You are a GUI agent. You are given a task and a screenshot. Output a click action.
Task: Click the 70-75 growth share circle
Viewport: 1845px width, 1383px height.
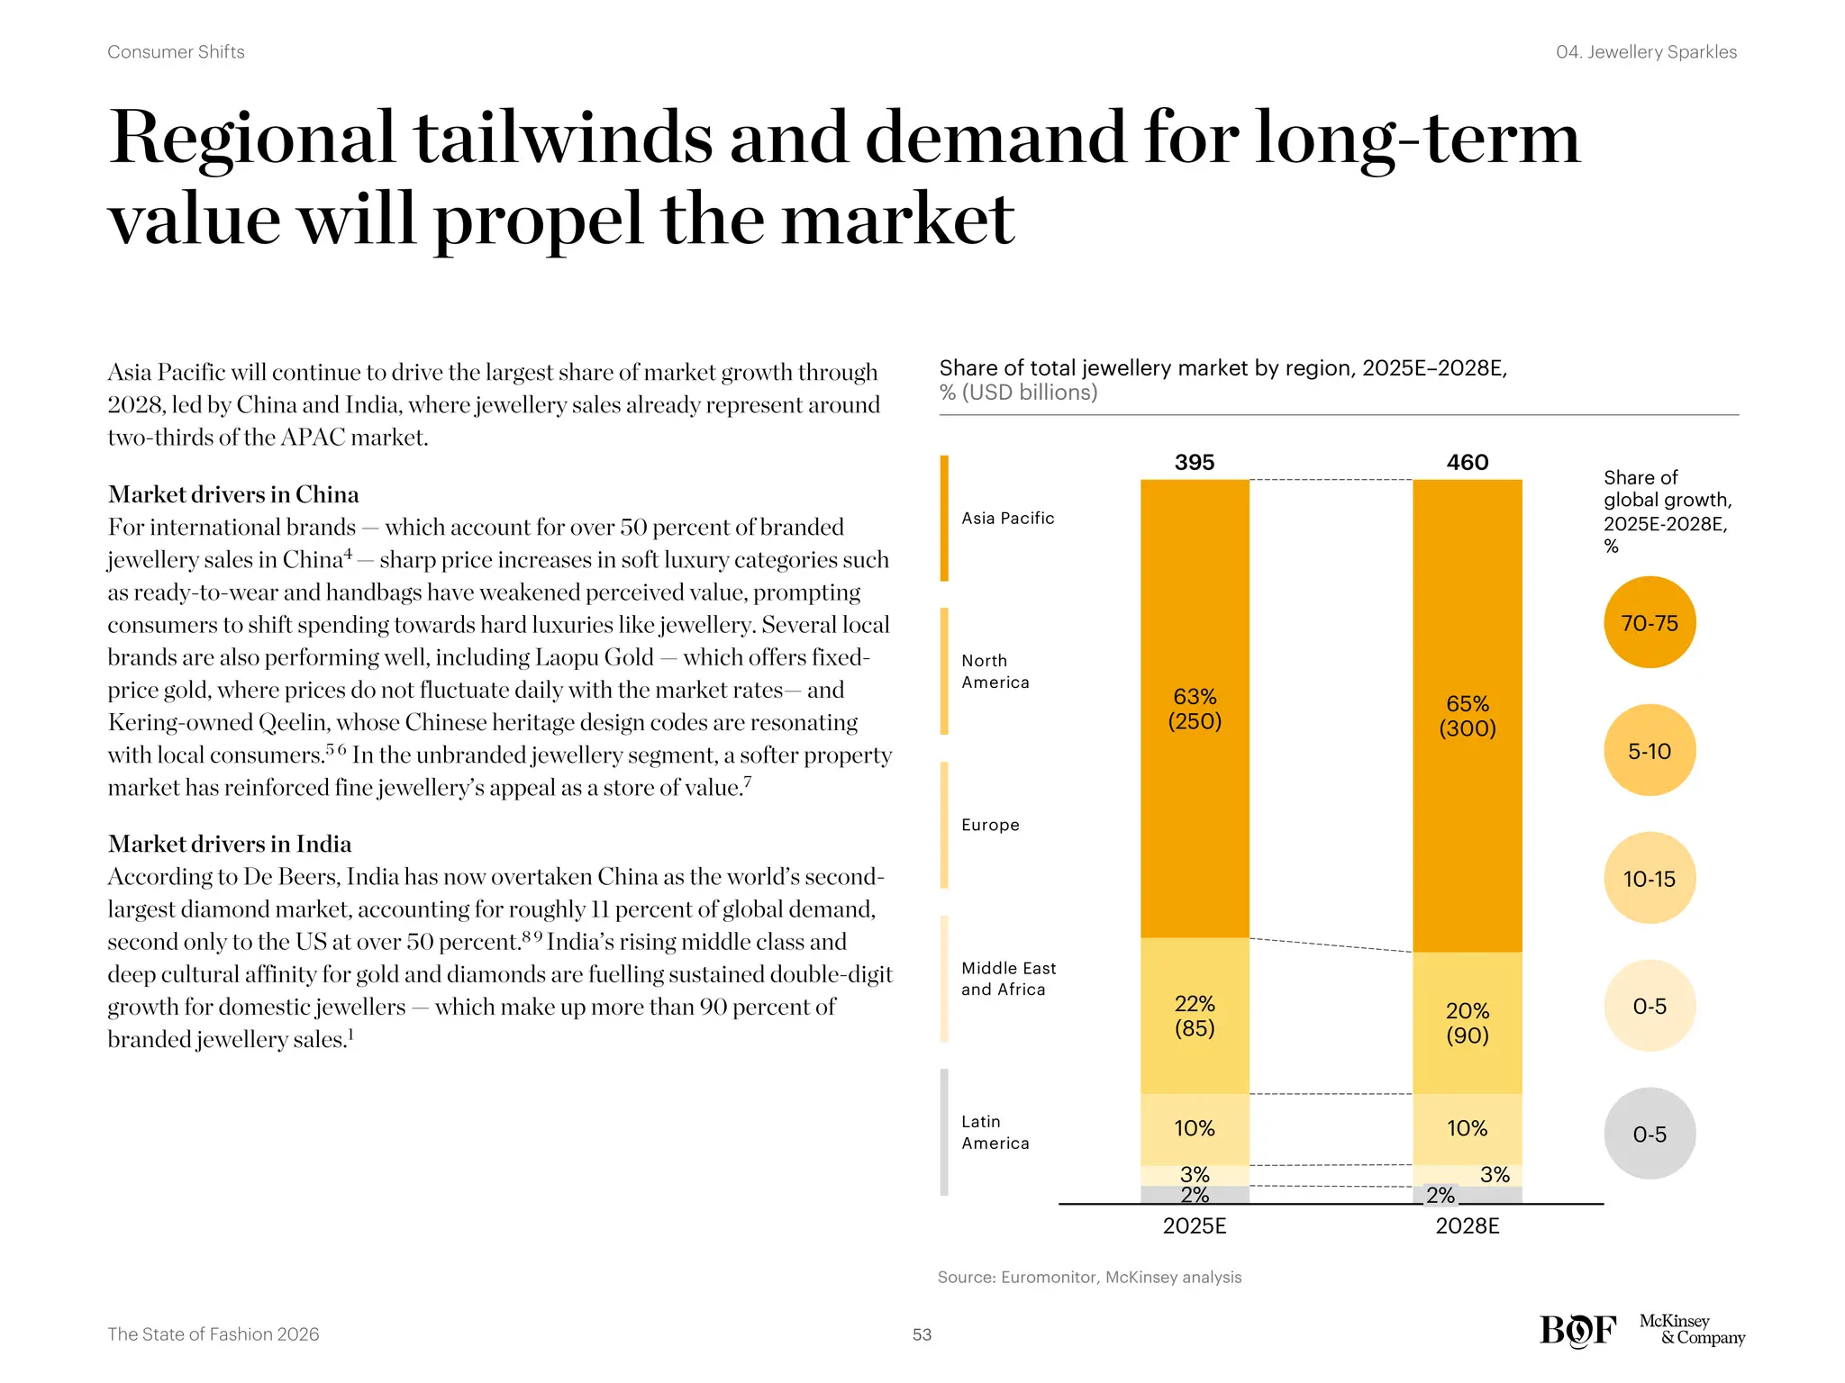[1649, 622]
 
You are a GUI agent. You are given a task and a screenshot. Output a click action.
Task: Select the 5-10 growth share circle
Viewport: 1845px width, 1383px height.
[1649, 750]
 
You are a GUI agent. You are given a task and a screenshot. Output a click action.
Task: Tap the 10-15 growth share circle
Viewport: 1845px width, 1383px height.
[1649, 878]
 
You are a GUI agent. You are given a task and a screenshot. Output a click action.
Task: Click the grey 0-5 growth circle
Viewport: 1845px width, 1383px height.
[1649, 1134]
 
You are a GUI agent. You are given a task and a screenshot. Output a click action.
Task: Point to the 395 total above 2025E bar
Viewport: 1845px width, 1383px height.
[1194, 462]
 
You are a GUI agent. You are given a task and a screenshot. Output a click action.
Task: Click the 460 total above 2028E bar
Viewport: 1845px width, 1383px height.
[1467, 462]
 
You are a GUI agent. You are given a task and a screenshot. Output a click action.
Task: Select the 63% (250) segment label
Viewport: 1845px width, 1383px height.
[1195, 709]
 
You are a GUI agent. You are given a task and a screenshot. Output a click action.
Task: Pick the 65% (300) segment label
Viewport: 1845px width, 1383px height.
[1467, 716]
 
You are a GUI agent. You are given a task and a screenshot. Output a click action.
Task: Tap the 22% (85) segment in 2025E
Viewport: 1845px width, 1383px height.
[1195, 1016]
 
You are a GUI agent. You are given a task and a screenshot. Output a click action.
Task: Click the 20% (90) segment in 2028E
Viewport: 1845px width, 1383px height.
[1467, 1023]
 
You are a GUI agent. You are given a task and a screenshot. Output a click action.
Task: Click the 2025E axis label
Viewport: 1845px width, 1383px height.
[1195, 1225]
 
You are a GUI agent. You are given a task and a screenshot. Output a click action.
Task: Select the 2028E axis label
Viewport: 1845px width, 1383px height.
[1467, 1225]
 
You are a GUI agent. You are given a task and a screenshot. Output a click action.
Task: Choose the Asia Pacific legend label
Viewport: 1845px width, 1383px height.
[1007, 518]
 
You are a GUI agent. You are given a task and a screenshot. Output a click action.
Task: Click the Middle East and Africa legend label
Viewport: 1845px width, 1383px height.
[1008, 979]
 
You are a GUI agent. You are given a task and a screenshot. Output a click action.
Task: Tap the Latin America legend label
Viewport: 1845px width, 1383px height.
[995, 1132]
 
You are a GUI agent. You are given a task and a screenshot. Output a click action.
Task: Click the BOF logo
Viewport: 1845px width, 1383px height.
[1577, 1330]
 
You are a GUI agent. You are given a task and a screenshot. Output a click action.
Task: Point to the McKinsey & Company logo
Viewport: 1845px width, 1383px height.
[1692, 1329]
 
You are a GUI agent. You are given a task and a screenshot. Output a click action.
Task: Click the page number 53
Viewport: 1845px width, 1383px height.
[922, 1334]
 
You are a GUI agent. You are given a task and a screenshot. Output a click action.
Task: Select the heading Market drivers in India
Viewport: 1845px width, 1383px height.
[230, 844]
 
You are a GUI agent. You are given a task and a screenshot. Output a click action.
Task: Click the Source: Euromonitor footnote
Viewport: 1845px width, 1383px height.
[1089, 1277]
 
